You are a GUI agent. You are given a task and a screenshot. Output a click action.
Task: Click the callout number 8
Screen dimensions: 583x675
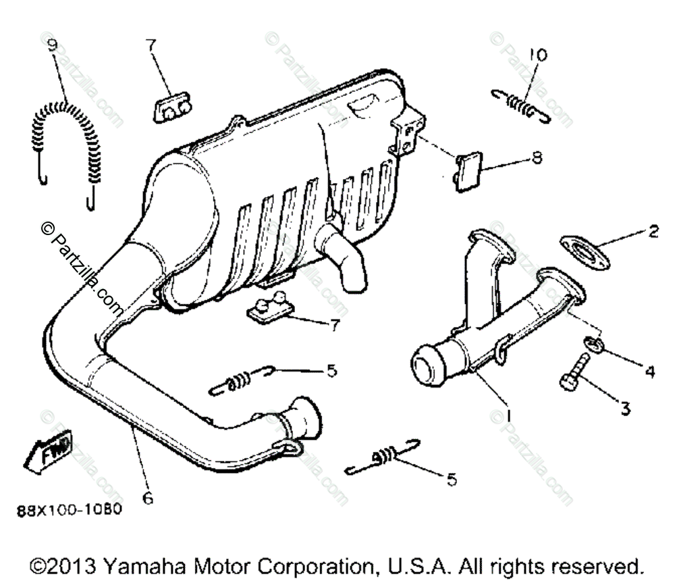(x=537, y=159)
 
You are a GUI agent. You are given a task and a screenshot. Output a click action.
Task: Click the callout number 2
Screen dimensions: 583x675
(x=652, y=232)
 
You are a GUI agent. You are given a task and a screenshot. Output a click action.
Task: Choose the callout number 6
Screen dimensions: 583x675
(x=148, y=498)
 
